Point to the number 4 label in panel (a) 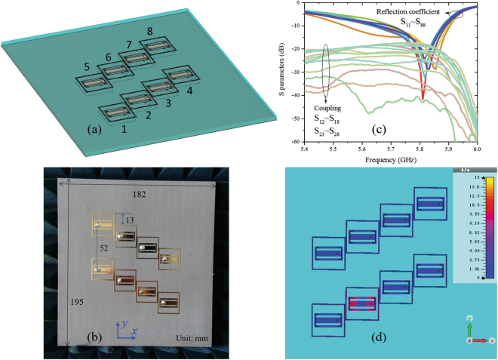(189, 91)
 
